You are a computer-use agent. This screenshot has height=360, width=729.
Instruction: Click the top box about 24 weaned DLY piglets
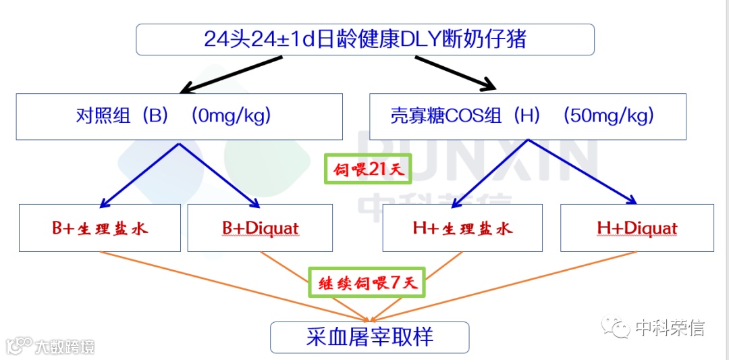coord(365,39)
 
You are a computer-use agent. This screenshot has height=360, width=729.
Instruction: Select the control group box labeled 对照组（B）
coord(179,116)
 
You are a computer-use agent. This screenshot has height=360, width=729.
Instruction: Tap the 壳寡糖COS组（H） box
coord(527,116)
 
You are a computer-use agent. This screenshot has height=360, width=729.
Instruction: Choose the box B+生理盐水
coord(100,228)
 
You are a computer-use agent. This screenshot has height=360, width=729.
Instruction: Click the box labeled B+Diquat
coord(260,228)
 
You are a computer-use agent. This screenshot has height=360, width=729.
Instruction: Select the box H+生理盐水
coord(462,228)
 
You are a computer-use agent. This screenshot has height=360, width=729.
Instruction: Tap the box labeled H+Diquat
coord(637,228)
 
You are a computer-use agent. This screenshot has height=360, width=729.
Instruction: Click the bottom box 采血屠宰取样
coord(369,337)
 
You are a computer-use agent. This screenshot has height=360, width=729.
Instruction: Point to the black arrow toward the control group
coord(230,74)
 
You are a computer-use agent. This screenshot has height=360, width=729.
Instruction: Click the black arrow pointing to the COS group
coord(456,73)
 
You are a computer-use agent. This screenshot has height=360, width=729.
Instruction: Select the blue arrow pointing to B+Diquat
coord(219,175)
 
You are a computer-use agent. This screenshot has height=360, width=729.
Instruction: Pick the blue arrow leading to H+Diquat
coord(583,172)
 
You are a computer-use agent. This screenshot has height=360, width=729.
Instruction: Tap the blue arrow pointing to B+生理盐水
coord(139,175)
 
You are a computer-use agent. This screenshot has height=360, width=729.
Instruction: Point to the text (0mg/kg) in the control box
coord(232,116)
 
